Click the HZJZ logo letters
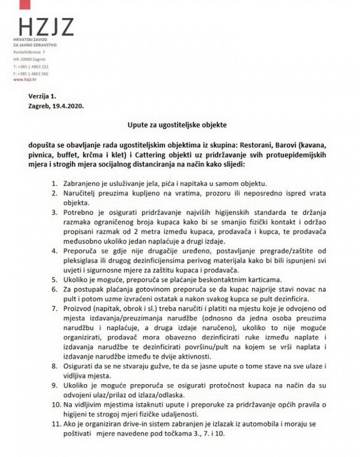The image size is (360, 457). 44,28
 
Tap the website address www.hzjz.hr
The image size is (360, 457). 25,79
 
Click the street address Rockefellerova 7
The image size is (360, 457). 32,52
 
